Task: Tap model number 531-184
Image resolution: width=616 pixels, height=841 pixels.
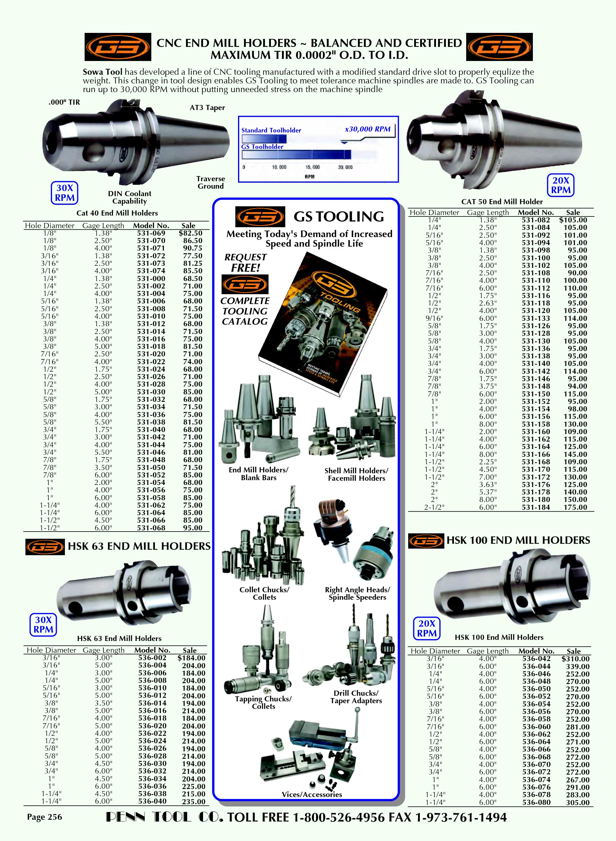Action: point(536,507)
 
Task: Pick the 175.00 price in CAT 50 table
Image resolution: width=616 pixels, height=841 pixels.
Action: point(575,507)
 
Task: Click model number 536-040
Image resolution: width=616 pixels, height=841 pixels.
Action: point(153,801)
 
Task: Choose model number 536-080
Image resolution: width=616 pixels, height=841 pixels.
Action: point(536,802)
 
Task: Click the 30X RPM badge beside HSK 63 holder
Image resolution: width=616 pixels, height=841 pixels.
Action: point(43,625)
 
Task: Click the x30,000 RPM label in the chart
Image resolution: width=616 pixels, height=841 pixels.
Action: point(368,129)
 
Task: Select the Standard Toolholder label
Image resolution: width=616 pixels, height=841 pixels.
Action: point(271,130)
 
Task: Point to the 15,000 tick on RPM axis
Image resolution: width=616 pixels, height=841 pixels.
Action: point(312,167)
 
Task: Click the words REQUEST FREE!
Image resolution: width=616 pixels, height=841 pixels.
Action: point(246,262)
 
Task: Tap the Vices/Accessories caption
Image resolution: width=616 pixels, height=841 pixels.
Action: point(312,794)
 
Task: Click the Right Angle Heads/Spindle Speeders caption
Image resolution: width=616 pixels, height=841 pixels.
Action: point(357,593)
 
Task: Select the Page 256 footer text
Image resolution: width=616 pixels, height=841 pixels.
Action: point(44,817)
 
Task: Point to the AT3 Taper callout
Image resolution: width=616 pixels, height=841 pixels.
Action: point(207,108)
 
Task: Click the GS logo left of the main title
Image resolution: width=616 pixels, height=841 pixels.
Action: point(118,47)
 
